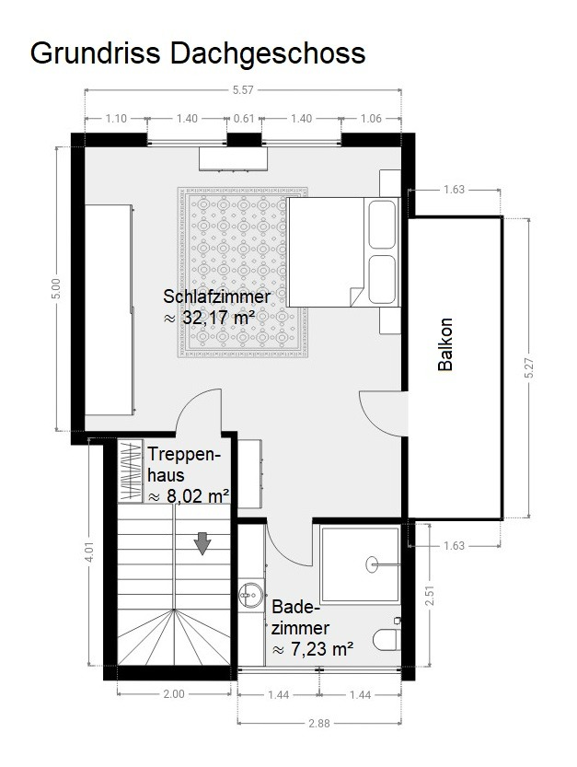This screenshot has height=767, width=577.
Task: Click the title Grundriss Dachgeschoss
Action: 198,53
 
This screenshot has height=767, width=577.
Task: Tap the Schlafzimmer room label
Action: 216,296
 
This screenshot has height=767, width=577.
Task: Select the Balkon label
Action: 445,344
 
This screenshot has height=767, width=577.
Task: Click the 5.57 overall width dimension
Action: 243,90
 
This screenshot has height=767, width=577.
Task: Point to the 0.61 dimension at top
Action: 244,119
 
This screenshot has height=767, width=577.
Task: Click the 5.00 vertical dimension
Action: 56,288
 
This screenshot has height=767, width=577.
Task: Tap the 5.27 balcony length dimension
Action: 529,368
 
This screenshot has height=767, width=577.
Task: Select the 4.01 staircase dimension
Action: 89,552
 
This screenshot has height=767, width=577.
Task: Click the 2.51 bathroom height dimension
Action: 430,596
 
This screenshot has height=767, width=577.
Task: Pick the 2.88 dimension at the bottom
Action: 318,723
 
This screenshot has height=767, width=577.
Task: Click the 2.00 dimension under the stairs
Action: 174,694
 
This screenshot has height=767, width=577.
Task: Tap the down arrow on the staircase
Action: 202,543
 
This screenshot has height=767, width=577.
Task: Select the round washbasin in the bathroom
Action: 250,595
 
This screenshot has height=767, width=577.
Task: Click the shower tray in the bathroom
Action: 360,564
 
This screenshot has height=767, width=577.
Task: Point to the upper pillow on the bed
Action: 382,224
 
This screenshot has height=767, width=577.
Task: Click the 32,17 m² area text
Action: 209,318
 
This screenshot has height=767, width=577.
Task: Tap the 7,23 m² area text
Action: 313,649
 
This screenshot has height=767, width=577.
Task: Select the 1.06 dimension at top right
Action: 371,119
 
